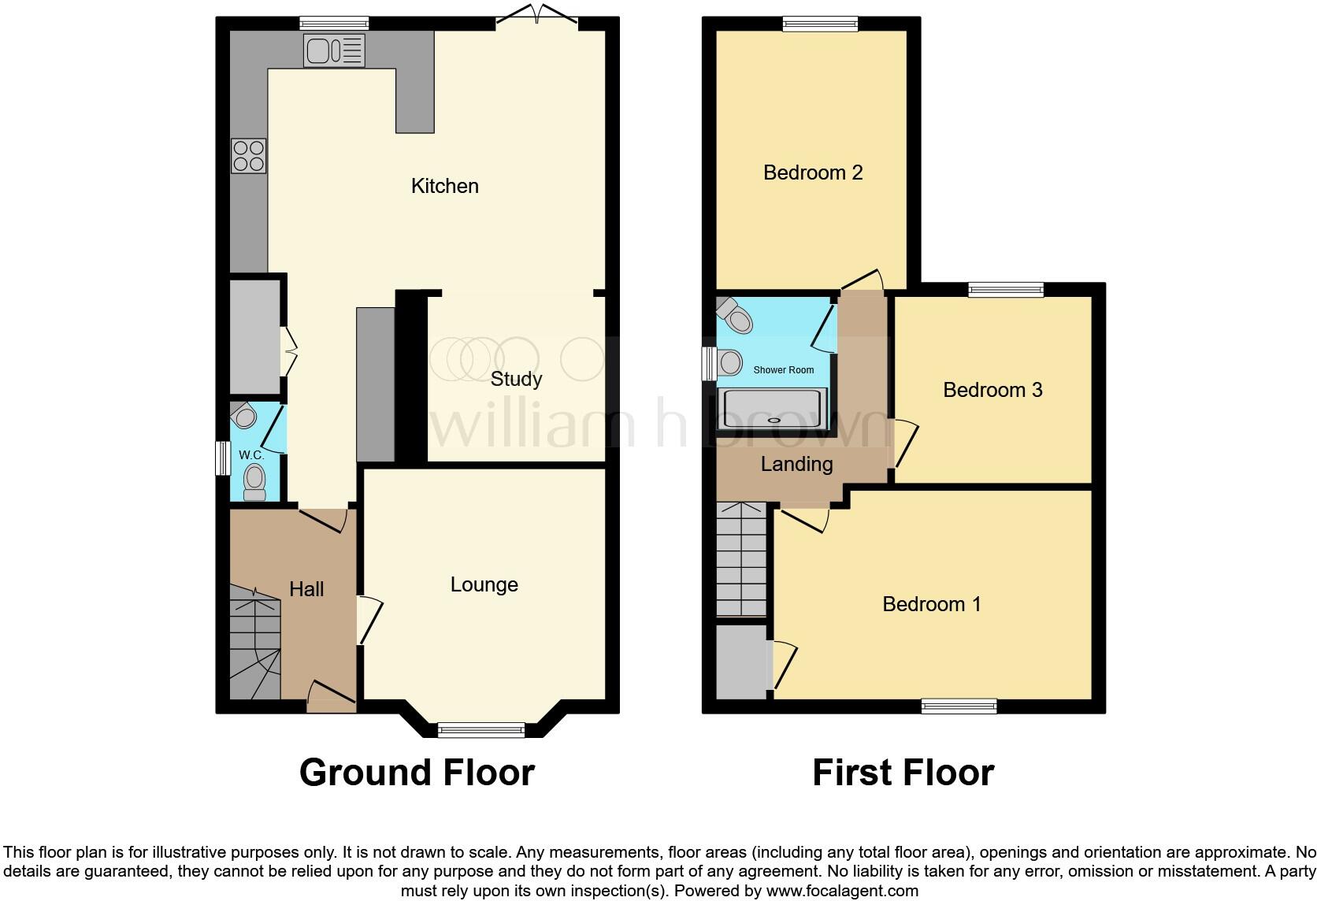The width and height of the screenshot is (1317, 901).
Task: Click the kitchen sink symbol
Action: pyautogui.click(x=334, y=50)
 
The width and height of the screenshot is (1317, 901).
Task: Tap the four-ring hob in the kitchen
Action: pyautogui.click(x=248, y=155)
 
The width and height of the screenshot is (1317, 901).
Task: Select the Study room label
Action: pyautogui.click(x=516, y=380)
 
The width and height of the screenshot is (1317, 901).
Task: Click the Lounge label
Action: pyautogui.click(x=484, y=584)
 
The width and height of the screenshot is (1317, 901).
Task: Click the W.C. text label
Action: pyautogui.click(x=250, y=455)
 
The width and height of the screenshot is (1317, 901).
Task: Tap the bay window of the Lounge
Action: pyautogui.click(x=480, y=730)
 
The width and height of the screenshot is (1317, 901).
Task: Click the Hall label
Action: pyautogui.click(x=306, y=589)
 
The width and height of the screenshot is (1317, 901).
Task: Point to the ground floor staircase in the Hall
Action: pyautogui.click(x=254, y=642)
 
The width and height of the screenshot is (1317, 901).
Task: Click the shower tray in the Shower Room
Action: pyautogui.click(x=773, y=409)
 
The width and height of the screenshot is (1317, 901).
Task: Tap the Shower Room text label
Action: pyautogui.click(x=783, y=369)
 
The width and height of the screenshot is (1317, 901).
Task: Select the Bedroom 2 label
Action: pyautogui.click(x=813, y=172)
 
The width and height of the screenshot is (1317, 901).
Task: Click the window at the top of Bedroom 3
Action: pyautogui.click(x=1006, y=289)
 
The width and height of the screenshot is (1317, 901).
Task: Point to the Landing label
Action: pyautogui.click(x=796, y=464)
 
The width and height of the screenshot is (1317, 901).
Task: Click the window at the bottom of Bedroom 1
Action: pyautogui.click(x=959, y=706)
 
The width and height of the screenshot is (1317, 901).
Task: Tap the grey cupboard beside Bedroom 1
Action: pyautogui.click(x=742, y=661)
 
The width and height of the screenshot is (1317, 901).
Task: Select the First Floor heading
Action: pyautogui.click(x=903, y=773)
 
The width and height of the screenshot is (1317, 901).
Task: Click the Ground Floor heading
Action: pyautogui.click(x=417, y=773)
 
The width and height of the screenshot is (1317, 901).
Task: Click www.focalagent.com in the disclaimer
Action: pyautogui.click(x=842, y=892)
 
